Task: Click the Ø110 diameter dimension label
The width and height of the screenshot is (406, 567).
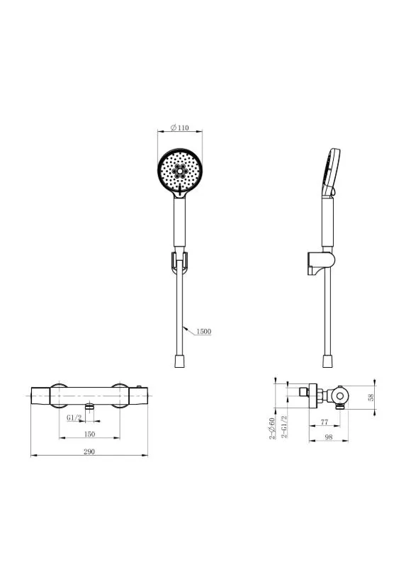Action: pos(180,128)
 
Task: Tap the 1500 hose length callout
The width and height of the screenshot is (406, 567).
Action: pos(203,331)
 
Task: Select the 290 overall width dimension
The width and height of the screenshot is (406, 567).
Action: pos(89,451)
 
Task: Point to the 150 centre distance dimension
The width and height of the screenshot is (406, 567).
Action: pos(89,434)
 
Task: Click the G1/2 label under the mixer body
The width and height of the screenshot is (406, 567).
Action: pos(74,417)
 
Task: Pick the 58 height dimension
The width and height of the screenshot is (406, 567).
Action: pos(371,397)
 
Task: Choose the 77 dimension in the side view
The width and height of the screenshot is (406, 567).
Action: pos(325,422)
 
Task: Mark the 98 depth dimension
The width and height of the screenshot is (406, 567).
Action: pos(328,437)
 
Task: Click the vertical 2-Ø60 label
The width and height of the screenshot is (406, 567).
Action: pos(272,428)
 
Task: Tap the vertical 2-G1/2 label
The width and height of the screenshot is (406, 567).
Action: pos(285,427)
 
